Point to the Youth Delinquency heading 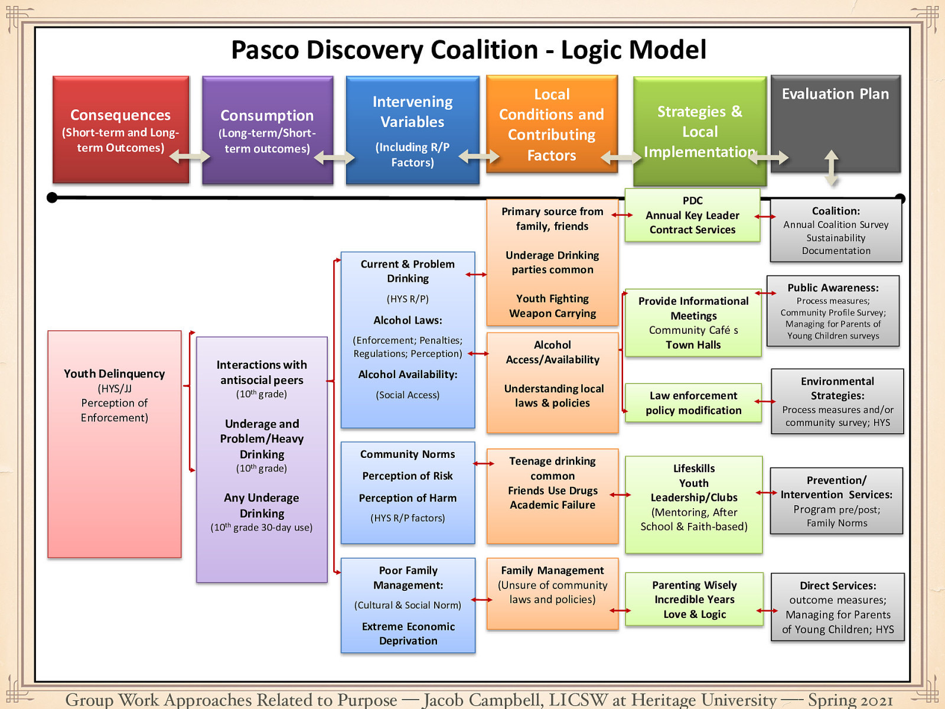click(114, 373)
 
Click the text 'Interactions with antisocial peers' click(262, 372)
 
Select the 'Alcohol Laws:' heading click(408, 320)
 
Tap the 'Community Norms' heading click(408, 454)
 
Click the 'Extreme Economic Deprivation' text click(408, 633)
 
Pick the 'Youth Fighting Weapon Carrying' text click(552, 306)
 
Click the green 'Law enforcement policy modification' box click(693, 403)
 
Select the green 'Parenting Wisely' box click(694, 599)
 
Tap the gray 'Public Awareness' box click(833, 311)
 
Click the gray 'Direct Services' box click(838, 607)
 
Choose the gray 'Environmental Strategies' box click(838, 402)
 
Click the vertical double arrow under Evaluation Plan click(831, 167)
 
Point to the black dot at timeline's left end click(52, 197)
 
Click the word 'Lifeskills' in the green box click(694, 469)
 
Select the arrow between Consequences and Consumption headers click(190, 157)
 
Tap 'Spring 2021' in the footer click(850, 700)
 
